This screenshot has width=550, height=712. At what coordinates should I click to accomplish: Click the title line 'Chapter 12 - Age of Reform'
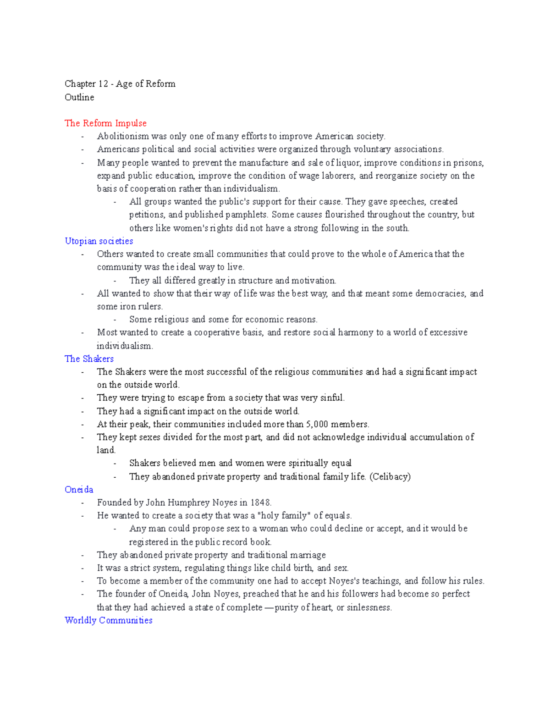click(120, 84)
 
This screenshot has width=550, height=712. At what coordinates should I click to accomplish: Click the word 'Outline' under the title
click(79, 97)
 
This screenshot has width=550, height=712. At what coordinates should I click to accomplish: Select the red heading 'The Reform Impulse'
click(105, 123)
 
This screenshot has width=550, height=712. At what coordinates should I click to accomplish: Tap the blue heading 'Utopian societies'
click(99, 241)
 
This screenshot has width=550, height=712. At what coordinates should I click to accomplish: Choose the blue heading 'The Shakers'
click(89, 359)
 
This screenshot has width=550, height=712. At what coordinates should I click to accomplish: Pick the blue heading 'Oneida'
click(79, 490)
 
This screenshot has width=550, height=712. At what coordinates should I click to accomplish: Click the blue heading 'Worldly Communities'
click(109, 620)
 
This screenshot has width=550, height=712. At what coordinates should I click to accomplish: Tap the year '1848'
click(260, 502)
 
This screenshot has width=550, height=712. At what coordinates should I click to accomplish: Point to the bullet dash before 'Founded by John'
click(82, 503)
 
